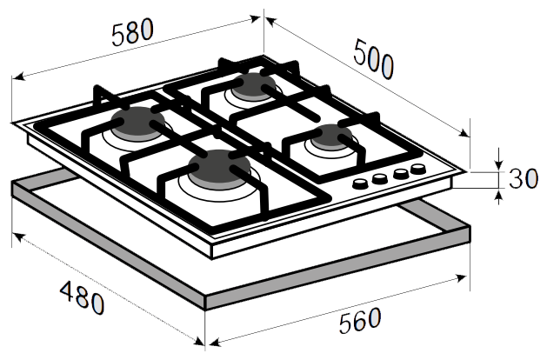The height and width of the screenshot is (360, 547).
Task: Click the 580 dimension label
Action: pos(132,32)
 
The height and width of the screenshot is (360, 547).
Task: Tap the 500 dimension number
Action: pos(373,59)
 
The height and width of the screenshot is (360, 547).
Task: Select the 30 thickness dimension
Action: pos(523,179)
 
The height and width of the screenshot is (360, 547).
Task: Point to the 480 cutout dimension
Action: pos(82,297)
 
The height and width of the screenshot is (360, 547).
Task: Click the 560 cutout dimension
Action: pos(360,320)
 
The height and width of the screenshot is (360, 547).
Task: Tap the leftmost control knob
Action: pos(360,183)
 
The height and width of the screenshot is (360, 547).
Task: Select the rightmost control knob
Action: pos(418,170)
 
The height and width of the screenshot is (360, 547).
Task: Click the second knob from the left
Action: pos(379,179)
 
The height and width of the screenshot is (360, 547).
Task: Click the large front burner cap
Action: pos(219,166)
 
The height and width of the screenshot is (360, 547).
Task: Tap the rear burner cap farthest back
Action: pos(254,85)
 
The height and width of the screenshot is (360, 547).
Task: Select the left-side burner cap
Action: pos(137,121)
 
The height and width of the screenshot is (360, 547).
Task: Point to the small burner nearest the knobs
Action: pos(331,137)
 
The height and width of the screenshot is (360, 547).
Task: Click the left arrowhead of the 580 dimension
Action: pos(17,77)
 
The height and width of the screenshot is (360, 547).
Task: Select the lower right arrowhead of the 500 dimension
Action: pos(464,133)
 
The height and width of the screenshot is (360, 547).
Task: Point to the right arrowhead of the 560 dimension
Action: pos(461,278)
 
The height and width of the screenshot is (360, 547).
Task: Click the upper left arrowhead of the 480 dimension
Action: pos(18,237)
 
